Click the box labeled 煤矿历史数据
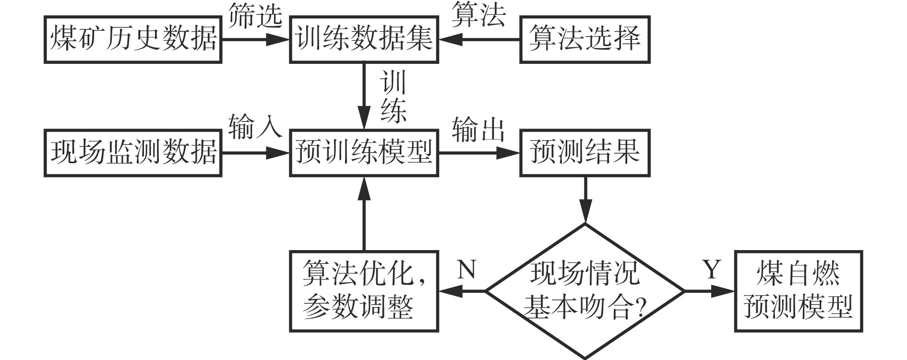[x=132, y=39]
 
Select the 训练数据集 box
[x=364, y=39]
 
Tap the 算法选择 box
[x=585, y=39]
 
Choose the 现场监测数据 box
[x=132, y=153]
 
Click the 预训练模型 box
[x=364, y=153]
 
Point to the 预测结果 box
[x=585, y=153]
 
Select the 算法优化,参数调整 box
[x=364, y=291]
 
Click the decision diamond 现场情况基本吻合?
[x=585, y=291]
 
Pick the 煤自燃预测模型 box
[x=799, y=291]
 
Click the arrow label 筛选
[x=255, y=16]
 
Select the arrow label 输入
[x=255, y=128]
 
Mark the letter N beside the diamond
[x=466, y=270]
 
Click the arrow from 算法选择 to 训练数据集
[x=480, y=40]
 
